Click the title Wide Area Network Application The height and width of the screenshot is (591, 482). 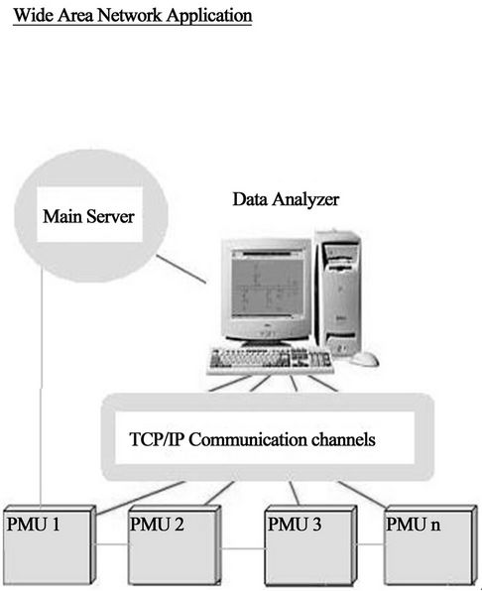pos(133,16)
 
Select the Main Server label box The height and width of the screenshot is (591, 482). pos(89,214)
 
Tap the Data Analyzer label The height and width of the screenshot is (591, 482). pos(286,199)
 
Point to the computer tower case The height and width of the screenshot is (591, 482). pos(338,293)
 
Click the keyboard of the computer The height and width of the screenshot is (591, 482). pos(270,361)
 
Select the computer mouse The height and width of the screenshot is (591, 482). pos(364,359)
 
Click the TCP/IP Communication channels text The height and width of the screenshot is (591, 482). pos(252,439)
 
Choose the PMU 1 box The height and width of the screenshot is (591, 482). pos(49,545)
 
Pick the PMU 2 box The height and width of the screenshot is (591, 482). pos(175,545)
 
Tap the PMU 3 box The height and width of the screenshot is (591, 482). pos(310,545)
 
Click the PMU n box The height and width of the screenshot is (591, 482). pos(430,545)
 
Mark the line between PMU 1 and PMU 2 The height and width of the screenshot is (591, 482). pos(111,544)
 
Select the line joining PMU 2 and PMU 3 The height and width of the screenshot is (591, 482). pos(242,548)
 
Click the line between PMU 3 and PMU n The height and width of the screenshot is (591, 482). pos(371,544)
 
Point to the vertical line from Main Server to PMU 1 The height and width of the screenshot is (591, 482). pos(41,389)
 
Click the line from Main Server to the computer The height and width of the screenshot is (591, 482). pos(181,269)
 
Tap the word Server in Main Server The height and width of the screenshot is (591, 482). pos(110,216)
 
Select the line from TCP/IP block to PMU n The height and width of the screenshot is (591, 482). pos(362,494)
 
